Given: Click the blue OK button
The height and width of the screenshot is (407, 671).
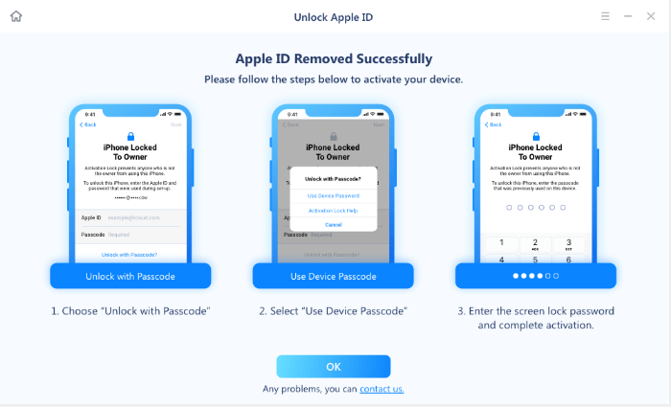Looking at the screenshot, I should pyautogui.click(x=334, y=367).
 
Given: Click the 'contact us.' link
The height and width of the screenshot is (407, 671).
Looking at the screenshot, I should pyautogui.click(x=382, y=389).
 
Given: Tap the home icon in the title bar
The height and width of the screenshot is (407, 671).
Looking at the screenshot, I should pyautogui.click(x=15, y=16).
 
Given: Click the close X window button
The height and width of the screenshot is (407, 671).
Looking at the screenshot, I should pyautogui.click(x=654, y=16).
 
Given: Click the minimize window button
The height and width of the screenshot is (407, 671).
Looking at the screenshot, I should pyautogui.click(x=629, y=16).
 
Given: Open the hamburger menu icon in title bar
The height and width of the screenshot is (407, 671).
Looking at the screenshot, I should pyautogui.click(x=605, y=16).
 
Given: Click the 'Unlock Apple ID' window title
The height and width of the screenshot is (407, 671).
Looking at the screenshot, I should pyautogui.click(x=334, y=16).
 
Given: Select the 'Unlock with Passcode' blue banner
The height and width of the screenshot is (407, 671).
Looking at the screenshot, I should pyautogui.click(x=130, y=277).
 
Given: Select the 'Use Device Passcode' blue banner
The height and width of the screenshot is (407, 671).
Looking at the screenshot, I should pyautogui.click(x=334, y=277).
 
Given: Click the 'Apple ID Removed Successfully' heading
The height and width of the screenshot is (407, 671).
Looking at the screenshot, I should pyautogui.click(x=334, y=58).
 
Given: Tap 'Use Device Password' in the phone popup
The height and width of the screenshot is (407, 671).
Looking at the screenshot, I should pyautogui.click(x=334, y=195).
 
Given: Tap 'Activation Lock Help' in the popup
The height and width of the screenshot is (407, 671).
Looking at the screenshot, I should pyautogui.click(x=334, y=210).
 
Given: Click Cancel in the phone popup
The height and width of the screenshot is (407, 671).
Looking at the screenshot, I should pyautogui.click(x=334, y=224).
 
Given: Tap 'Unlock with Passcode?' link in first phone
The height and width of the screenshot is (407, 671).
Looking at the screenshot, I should pyautogui.click(x=130, y=255).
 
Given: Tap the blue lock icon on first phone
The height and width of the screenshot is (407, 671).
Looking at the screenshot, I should pyautogui.click(x=130, y=136).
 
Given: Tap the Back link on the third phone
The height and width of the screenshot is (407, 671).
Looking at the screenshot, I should pyautogui.click(x=493, y=124).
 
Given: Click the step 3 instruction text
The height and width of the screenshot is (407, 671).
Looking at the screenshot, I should pyautogui.click(x=536, y=318).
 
